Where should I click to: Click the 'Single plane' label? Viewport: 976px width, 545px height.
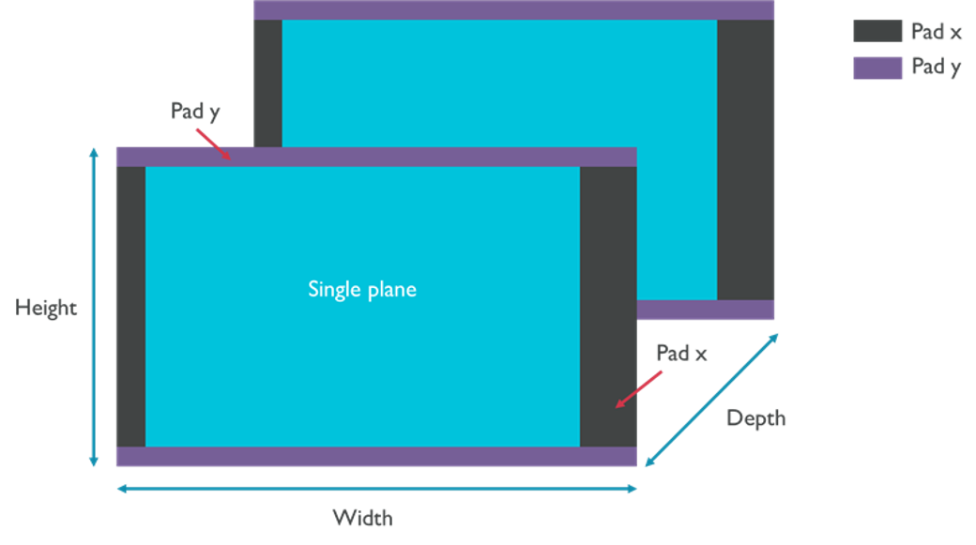point(361,290)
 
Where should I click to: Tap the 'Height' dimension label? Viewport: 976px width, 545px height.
point(46,308)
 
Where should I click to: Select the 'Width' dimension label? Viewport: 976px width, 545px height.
point(362,518)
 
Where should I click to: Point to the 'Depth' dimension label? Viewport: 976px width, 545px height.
point(755,418)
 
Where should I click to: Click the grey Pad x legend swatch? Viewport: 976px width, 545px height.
point(877,31)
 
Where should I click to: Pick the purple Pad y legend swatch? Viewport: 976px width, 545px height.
point(877,68)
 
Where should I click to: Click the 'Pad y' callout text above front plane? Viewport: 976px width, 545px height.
point(195,111)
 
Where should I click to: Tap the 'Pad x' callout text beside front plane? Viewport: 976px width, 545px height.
point(681,353)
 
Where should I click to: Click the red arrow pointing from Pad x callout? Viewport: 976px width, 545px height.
point(639,388)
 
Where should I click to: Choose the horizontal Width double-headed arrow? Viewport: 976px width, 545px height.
point(375,488)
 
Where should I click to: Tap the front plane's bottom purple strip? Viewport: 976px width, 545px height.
point(375,457)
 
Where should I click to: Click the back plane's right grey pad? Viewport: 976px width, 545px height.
point(746,159)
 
